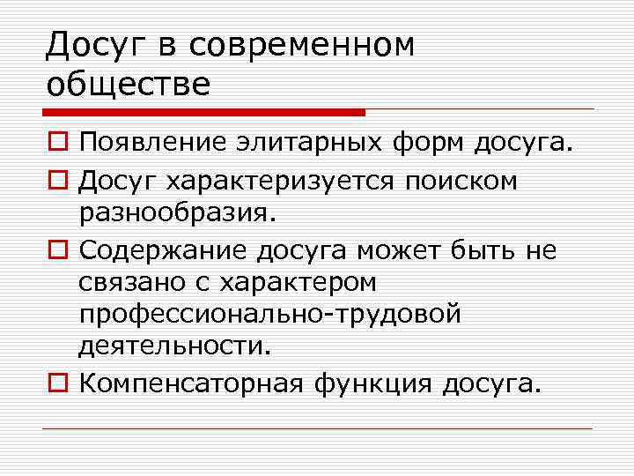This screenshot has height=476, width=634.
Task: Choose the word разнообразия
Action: [177, 213]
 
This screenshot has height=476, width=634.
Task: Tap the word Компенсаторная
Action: [190, 384]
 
